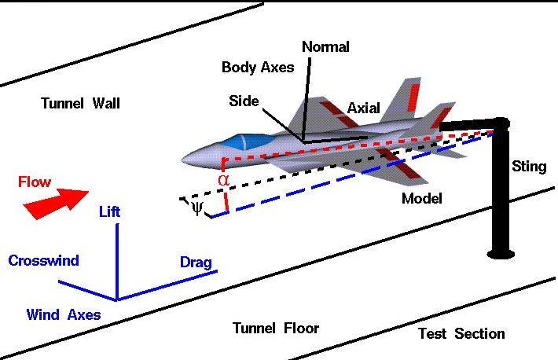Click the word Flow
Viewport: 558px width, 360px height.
coord(35,182)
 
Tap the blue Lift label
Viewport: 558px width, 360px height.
coord(109,212)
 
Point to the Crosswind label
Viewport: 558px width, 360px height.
coord(43,261)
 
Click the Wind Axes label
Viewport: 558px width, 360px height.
coord(63,315)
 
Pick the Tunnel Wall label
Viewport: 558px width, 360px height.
coord(80,103)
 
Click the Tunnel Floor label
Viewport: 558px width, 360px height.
coord(276,328)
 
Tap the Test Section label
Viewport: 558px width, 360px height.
coord(461,334)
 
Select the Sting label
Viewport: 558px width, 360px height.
coord(528,167)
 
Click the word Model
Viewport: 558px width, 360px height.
coord(422,199)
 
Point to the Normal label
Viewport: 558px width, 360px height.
coord(325,46)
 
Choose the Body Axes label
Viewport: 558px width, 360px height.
coord(258,68)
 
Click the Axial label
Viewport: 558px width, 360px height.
coord(363,108)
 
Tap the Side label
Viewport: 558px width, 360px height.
coord(244,101)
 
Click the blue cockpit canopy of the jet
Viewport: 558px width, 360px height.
coord(239,142)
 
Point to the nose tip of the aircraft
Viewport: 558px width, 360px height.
coord(182,160)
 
